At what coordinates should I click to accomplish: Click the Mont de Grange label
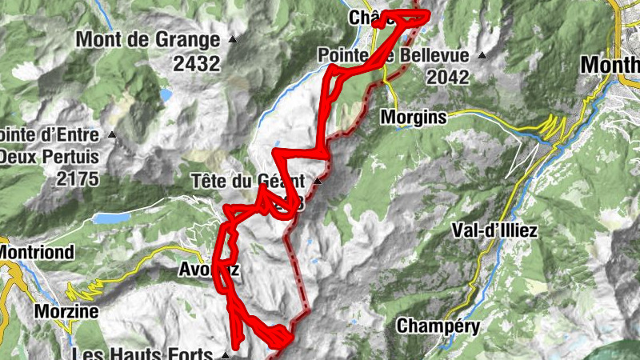click(x=148, y=38)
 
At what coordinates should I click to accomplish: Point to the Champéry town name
click(x=438, y=326)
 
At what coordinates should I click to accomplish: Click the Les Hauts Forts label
click(x=144, y=354)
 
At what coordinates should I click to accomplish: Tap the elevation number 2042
click(x=450, y=77)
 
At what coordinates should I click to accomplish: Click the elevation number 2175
click(x=78, y=179)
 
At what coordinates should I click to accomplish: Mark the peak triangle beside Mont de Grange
click(x=233, y=39)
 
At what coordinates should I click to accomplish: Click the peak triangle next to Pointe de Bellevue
click(x=482, y=55)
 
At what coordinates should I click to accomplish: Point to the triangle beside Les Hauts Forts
click(x=226, y=354)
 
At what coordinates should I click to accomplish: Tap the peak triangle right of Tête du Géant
click(x=318, y=182)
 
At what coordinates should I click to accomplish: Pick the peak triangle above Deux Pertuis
click(x=112, y=134)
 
